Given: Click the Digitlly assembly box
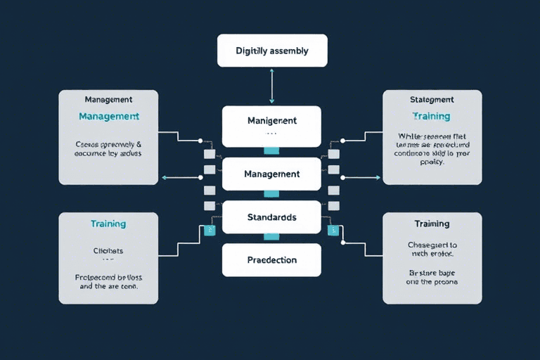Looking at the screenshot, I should (x=271, y=51).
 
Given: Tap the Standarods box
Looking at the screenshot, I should (x=271, y=217).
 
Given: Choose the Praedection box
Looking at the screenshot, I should (x=271, y=259).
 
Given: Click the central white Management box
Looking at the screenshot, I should (x=271, y=174).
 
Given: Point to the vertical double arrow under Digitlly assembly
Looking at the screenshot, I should (x=271, y=86).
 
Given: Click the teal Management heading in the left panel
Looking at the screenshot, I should (x=108, y=116).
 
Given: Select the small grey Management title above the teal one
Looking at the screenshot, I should (x=108, y=100).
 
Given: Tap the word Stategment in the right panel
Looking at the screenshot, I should (x=432, y=100).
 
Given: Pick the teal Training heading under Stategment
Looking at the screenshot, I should (x=432, y=116).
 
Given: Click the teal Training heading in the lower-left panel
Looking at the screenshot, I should (x=108, y=224).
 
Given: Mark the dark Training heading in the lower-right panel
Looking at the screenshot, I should (x=432, y=224).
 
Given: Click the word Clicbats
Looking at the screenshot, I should (x=108, y=250).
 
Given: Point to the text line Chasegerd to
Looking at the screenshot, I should (x=432, y=245).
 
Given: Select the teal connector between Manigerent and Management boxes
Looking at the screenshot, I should (x=271, y=150).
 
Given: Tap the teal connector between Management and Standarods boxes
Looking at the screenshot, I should (x=271, y=194).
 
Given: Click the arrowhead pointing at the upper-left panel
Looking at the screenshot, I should (x=164, y=178).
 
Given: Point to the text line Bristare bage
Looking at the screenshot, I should (x=432, y=271).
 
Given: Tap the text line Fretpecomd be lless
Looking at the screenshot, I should (x=108, y=276).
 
